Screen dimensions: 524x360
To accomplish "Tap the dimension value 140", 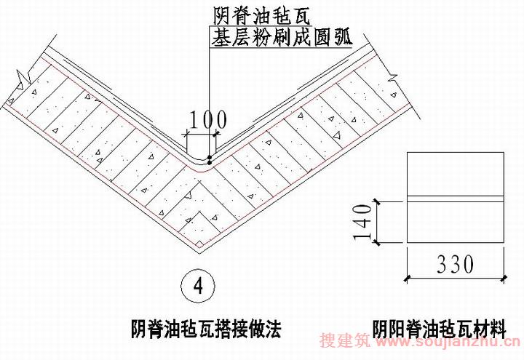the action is tap(362, 222).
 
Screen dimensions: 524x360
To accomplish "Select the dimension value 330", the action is tap(455, 264).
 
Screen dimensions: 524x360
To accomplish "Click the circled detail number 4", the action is tap(198, 287).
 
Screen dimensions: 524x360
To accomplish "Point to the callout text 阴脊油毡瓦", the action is tap(262, 16).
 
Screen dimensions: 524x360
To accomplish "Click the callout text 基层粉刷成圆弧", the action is tap(282, 37).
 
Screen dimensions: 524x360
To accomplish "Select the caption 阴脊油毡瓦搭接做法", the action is tap(206, 329).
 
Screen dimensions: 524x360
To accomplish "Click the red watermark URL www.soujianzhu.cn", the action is tap(448, 341).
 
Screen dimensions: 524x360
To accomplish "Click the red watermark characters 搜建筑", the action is tap(345, 340).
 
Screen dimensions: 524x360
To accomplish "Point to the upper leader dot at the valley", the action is tap(210, 157).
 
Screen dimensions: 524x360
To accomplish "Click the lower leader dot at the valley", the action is tap(210, 163).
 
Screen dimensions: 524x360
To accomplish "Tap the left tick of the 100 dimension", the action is tap(186, 135).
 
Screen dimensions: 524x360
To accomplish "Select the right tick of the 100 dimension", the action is tap(217, 134).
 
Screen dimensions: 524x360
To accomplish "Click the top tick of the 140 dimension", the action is tap(377, 202).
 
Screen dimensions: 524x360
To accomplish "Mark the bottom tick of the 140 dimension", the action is tap(377, 243).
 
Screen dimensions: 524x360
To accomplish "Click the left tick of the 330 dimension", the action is tap(407, 278).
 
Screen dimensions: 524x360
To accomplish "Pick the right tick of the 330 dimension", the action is tap(504, 278).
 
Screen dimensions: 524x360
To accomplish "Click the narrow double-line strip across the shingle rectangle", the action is tap(455, 199).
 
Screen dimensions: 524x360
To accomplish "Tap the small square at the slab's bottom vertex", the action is tap(199, 244).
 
